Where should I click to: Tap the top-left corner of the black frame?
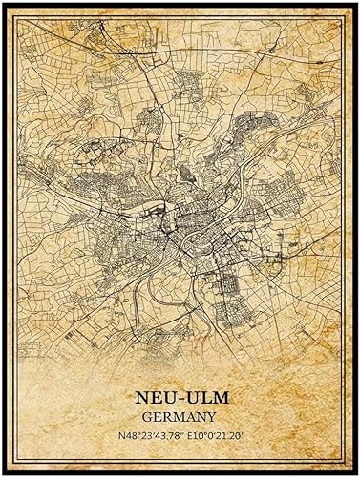4,4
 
